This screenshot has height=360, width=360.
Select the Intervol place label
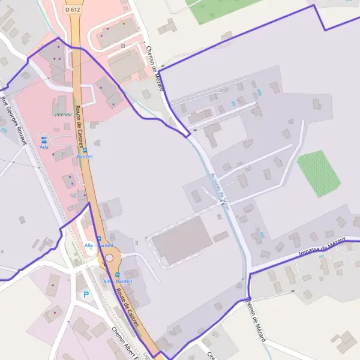[63, 114]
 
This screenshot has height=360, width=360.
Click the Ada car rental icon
[43, 139]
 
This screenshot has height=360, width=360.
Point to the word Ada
[43, 146]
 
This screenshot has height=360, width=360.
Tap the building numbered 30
[64, 154]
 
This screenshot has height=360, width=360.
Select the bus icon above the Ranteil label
[85, 150]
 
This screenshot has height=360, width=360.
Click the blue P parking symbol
[86, 295]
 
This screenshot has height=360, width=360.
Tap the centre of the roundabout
[109, 258]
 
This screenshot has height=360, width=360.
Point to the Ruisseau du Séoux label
[220, 191]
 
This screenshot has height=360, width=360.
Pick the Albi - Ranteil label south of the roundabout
[117, 281]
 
